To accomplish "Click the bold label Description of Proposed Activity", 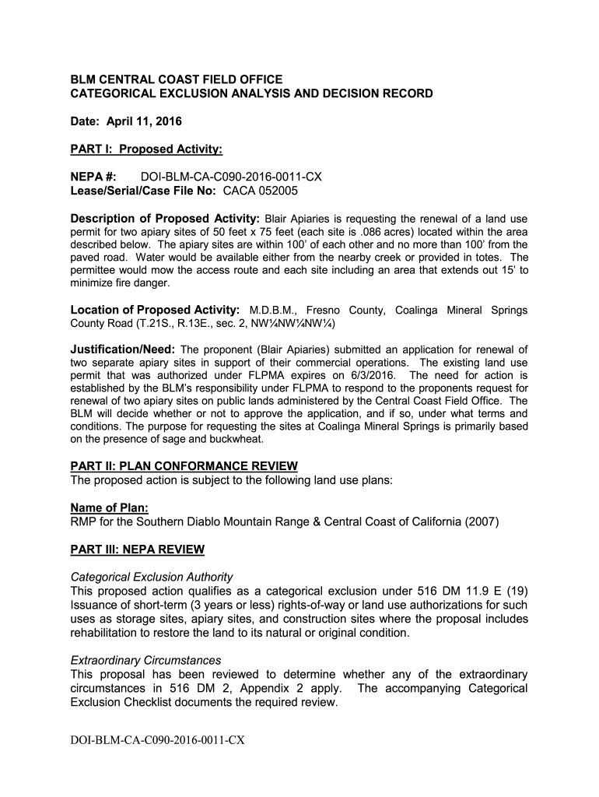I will click(x=165, y=217).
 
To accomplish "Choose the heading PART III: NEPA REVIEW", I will click(x=138, y=549).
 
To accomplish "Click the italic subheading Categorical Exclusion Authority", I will click(x=152, y=577).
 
